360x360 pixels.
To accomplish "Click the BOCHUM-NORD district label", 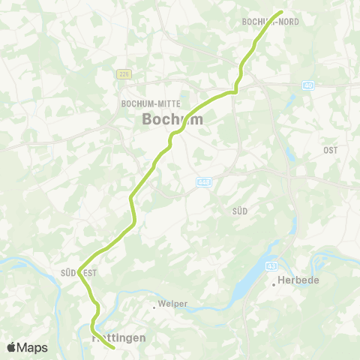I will click(x=271, y=22).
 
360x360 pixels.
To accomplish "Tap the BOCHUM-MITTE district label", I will click(x=141, y=104).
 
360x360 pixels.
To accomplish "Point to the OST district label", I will click(x=330, y=150).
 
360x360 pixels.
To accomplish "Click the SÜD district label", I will click(x=230, y=212).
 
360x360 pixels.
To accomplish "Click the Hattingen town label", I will click(x=118, y=338).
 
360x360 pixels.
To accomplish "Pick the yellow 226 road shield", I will click(x=124, y=74).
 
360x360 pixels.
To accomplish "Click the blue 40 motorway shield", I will click(x=308, y=86).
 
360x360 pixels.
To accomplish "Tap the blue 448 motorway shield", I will click(x=204, y=182).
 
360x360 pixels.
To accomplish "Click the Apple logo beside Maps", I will click(x=13, y=347).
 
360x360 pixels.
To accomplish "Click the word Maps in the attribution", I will click(x=33, y=347).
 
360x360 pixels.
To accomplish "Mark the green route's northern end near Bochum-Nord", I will click(x=280, y=12).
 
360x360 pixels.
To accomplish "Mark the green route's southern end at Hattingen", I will click(x=112, y=347).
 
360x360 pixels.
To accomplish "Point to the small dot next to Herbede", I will click(x=273, y=284).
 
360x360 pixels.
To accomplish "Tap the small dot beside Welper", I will click(x=154, y=305).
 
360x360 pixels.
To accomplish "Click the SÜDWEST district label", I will click(x=78, y=273).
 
